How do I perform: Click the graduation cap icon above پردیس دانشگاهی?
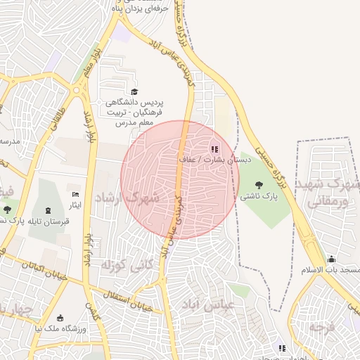pyautogui.click(x=134, y=92)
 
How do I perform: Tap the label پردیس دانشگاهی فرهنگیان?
pyautogui.click(x=134, y=107)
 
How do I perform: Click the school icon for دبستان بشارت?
pyautogui.click(x=214, y=148)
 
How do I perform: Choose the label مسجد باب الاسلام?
pyautogui.click(x=331, y=270)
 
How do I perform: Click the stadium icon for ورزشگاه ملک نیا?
pyautogui.click(x=60, y=317)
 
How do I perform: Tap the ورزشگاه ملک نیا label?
pyautogui.click(x=60, y=328)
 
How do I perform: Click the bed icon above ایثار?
pyautogui.click(x=75, y=193)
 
